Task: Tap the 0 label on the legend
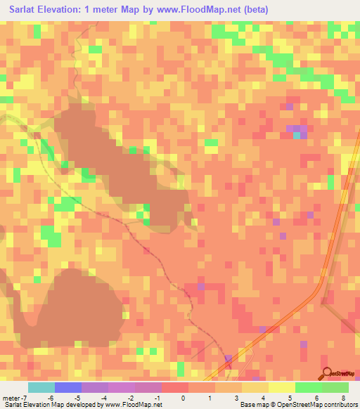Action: coord(183,398)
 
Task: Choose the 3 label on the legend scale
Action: coord(236,398)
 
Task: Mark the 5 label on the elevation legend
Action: coord(290,398)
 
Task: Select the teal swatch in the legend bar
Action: coord(41,388)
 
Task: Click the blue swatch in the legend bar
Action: coord(68,388)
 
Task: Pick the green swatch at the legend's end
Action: coord(335,388)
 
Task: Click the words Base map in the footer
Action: coord(253,405)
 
